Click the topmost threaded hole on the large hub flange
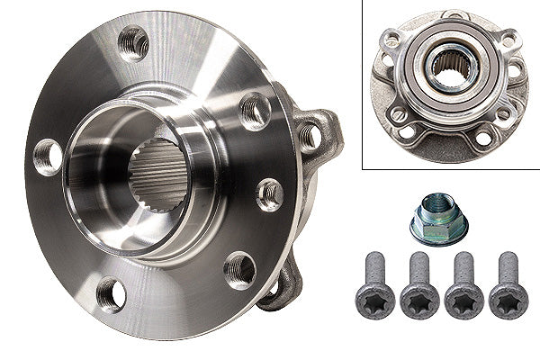point(134,41)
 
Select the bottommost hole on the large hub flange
point(111,292)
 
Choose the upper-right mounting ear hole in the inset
point(509,40)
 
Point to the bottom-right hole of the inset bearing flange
point(483,138)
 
